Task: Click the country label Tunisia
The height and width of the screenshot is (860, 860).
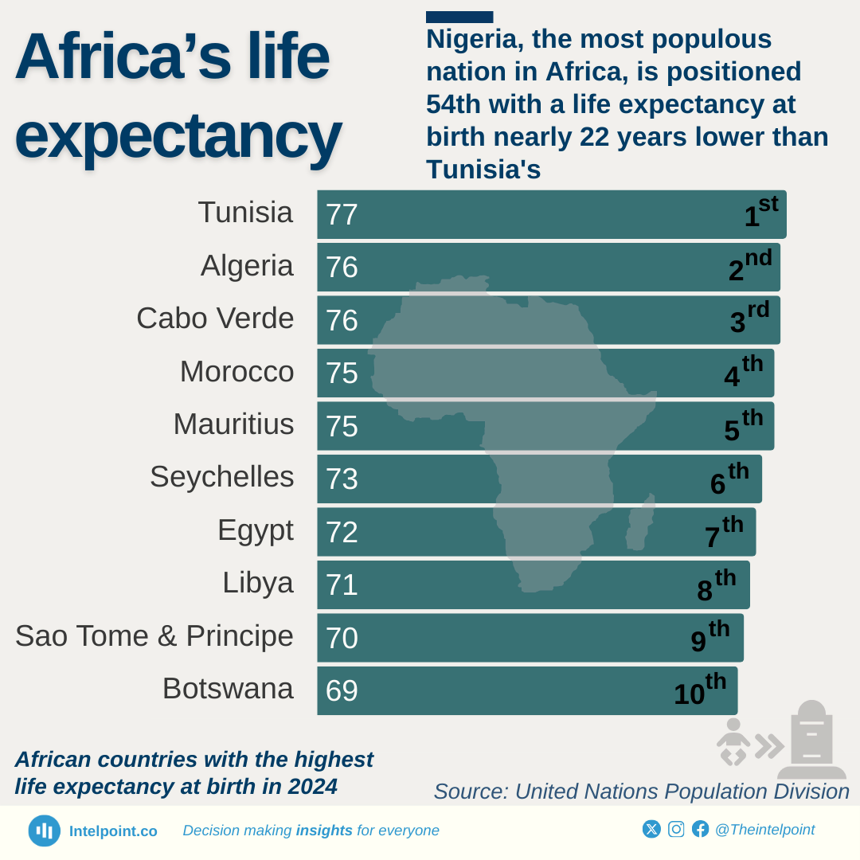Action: coord(245,213)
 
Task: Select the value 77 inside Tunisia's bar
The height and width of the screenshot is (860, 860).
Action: coord(342,215)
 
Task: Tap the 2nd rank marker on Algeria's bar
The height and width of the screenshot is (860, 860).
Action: coord(749,267)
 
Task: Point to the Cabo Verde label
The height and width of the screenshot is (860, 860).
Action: coord(215,319)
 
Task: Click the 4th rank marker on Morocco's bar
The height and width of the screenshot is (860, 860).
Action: coord(742,373)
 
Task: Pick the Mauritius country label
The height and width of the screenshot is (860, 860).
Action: coord(233,424)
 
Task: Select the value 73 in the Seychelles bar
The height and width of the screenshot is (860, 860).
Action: coord(342,479)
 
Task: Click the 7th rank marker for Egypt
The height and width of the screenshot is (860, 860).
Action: coord(723,533)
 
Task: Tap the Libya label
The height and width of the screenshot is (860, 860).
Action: coord(257,583)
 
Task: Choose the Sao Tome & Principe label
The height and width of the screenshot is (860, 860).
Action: coord(154,636)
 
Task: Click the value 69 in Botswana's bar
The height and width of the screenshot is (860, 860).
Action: coord(342,691)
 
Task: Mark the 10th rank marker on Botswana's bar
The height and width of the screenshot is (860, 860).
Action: coord(699,690)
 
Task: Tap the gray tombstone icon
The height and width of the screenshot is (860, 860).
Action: coord(811,741)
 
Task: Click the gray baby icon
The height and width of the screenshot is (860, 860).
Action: coord(733,741)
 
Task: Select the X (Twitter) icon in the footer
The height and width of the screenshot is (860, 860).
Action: coord(651,829)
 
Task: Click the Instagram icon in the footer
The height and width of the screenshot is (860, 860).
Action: coord(676,829)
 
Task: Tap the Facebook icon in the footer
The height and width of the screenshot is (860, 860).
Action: coord(700,829)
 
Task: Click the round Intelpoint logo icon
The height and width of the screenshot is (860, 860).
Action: coord(45,831)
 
